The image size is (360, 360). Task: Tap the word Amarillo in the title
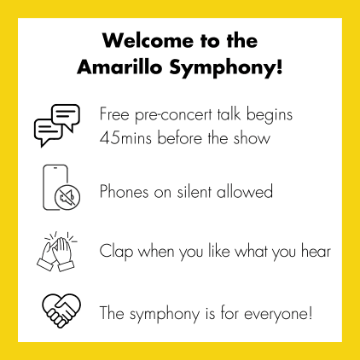coord(119,67)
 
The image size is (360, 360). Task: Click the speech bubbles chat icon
coord(57,125)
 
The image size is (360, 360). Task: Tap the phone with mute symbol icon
coord(61,188)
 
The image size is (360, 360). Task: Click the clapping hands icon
coord(57,252)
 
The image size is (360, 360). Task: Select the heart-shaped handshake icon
coord(61,311)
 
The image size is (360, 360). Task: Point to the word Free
coord(114,114)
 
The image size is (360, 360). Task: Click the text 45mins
coord(125,138)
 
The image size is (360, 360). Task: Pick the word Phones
coord(125,191)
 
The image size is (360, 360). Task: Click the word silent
coord(194,191)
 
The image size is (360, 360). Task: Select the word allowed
coord(245,191)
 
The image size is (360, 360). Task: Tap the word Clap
coord(116,252)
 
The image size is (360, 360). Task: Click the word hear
coord(316,251)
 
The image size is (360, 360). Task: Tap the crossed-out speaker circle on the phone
coord(67,196)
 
